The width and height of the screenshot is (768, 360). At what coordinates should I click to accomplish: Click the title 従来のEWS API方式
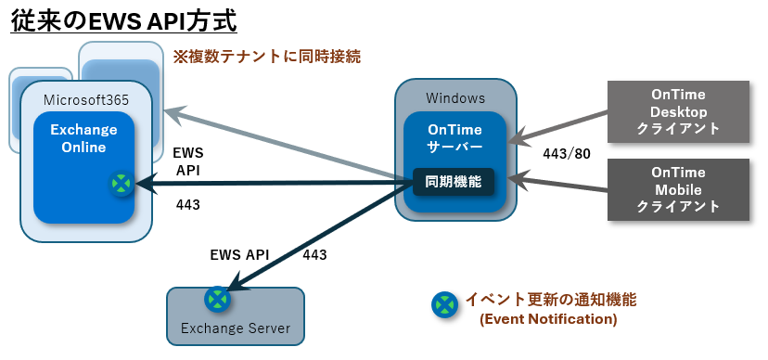pyautogui.click(x=123, y=21)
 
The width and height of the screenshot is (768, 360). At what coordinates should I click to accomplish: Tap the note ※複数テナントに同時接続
pyautogui.click(x=267, y=57)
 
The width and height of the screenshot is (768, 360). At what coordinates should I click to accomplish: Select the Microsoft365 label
pyautogui.click(x=86, y=100)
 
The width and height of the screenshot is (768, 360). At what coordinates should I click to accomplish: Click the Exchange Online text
pyautogui.click(x=83, y=138)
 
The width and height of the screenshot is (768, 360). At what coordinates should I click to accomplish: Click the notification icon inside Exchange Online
pyautogui.click(x=121, y=184)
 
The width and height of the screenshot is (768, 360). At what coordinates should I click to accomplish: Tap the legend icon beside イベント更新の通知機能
pyautogui.click(x=444, y=304)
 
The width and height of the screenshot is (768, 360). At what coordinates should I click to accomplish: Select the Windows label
pyautogui.click(x=455, y=98)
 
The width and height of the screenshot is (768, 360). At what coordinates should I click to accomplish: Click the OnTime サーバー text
pyautogui.click(x=455, y=138)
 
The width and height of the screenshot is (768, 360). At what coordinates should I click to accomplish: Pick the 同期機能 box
pyautogui.click(x=454, y=182)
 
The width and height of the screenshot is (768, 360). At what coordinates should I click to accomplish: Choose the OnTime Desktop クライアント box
pyautogui.click(x=678, y=111)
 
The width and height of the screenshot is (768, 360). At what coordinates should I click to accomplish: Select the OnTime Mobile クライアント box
pyautogui.click(x=678, y=189)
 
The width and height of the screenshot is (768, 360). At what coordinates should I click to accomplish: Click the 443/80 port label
pyautogui.click(x=567, y=154)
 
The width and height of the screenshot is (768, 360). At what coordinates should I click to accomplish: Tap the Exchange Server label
pyautogui.click(x=236, y=328)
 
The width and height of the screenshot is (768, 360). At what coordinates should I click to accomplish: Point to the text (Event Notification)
pyautogui.click(x=548, y=319)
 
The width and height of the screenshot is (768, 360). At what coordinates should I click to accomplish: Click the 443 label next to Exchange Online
pyautogui.click(x=188, y=205)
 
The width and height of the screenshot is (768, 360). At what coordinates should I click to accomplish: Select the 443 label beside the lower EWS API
pyautogui.click(x=314, y=255)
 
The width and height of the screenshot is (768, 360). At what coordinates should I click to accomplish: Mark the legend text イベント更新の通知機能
pyautogui.click(x=551, y=299)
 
